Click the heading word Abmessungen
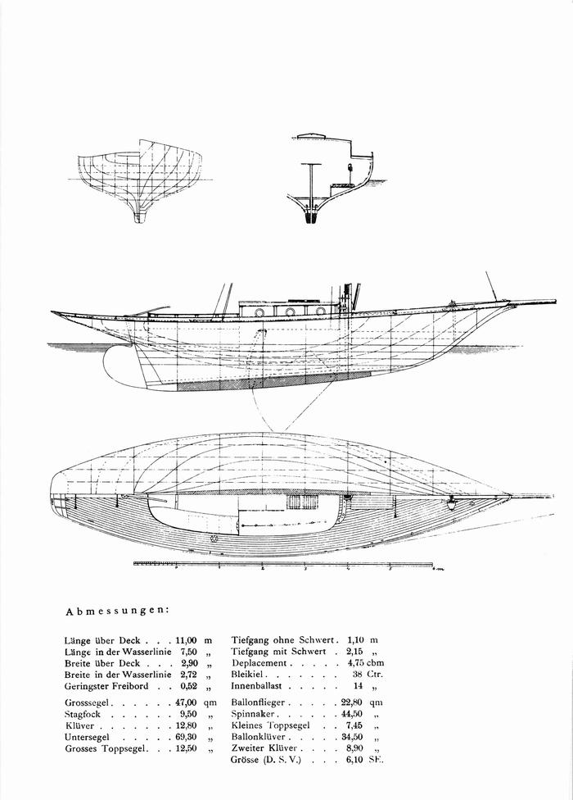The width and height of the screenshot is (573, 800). (117, 611)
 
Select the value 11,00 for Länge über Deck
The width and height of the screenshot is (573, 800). (186, 640)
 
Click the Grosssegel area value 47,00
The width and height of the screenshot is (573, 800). (186, 702)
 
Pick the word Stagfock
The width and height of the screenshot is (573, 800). (83, 714)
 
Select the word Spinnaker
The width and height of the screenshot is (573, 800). (253, 714)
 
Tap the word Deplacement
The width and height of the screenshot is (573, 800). (259, 663)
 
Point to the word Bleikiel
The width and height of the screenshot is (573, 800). (246, 675)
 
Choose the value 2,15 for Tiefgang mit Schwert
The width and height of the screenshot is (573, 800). (355, 652)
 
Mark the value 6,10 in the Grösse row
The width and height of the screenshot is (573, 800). (355, 760)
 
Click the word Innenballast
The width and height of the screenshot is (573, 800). (256, 686)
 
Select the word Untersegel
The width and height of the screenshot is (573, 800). (87, 737)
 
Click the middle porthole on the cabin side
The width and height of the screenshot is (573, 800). (291, 311)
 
